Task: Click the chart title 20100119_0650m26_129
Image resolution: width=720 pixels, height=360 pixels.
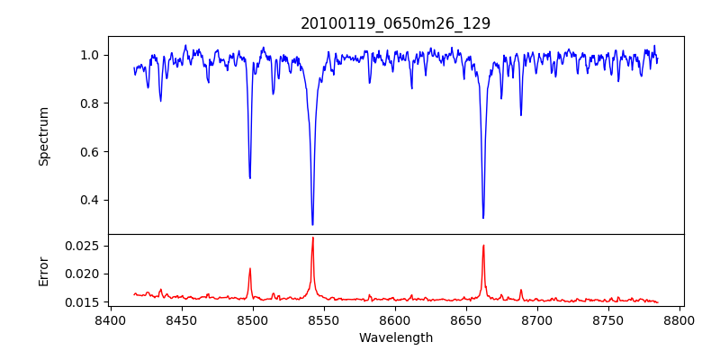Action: click(x=395, y=23)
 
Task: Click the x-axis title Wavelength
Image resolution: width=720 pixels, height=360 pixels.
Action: click(x=395, y=338)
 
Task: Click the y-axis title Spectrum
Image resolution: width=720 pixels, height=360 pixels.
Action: click(x=43, y=136)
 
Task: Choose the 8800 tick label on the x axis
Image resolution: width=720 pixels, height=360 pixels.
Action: click(x=679, y=320)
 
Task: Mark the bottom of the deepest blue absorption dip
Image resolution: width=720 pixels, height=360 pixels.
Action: click(x=312, y=224)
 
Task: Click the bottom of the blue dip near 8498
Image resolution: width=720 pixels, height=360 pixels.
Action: click(x=250, y=178)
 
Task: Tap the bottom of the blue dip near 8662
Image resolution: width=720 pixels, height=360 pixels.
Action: click(x=483, y=218)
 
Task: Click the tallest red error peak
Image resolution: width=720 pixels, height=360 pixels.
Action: click(x=312, y=238)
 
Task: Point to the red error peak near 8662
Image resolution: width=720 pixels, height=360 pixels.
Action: click(x=483, y=245)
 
